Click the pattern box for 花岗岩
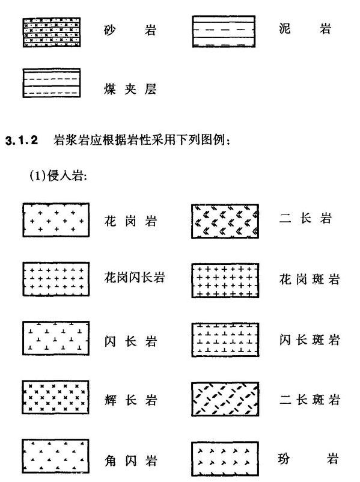56,220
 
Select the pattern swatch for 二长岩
225,221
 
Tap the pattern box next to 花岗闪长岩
56,279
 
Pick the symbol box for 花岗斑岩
225,280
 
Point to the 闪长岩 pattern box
56,338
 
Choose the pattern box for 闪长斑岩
225,340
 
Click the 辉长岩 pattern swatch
56,397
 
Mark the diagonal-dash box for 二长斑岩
225,399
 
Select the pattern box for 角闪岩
56,456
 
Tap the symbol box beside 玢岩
225,459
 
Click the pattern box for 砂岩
52,32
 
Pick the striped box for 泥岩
224,31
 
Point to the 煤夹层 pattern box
52,83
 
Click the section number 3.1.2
22,141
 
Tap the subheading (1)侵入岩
58,176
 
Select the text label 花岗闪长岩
135,278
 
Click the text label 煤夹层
130,90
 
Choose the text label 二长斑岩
310,400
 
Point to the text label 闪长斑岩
310,340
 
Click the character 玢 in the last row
284,459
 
